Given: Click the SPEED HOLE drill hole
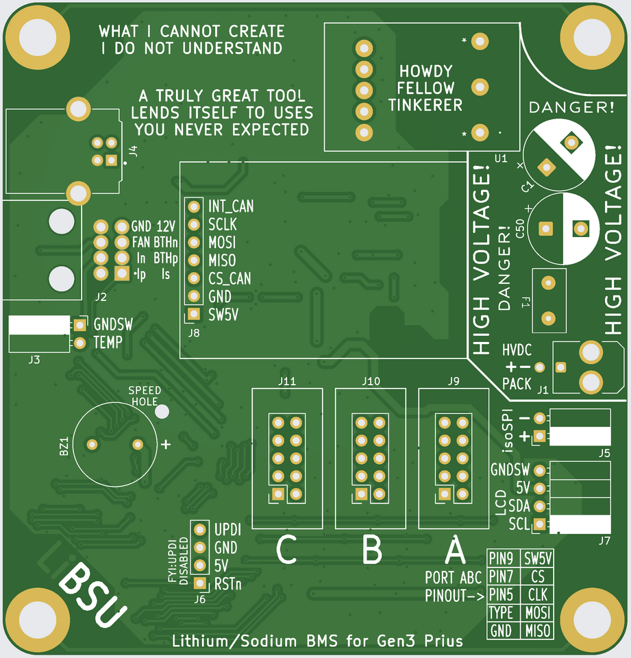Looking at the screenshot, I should pos(162,411).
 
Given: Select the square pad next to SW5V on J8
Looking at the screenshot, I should pos(194,315).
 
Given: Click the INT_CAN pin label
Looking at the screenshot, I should pos(230,206).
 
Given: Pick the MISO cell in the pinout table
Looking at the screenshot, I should pos(538,631).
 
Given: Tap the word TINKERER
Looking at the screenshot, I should pos(425,105).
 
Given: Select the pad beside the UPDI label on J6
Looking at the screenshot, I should pos(199,530).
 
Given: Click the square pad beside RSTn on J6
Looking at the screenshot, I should pos(199,583).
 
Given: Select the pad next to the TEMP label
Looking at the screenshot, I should pos(80,342).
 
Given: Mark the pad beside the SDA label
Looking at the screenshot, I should pos(540,507).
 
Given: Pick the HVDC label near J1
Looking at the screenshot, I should pos(517,350).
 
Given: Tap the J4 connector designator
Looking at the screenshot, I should pos(133,151).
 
